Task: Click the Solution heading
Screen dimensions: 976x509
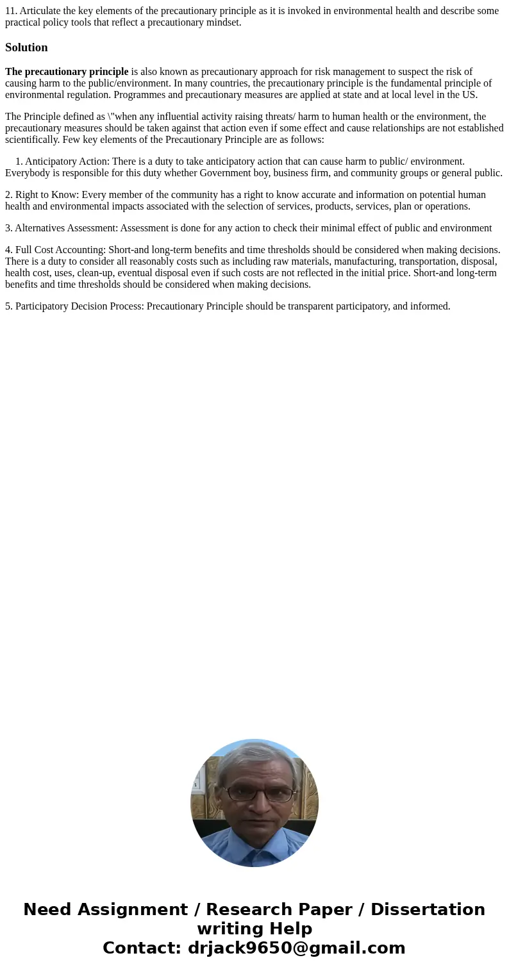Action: click(x=26, y=47)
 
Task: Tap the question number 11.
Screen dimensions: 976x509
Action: click(x=11, y=11)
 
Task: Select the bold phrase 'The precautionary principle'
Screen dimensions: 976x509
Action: click(x=67, y=72)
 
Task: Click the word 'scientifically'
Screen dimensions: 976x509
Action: click(x=32, y=140)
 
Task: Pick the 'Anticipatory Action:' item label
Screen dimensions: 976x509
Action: click(x=67, y=161)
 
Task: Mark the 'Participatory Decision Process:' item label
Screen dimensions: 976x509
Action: click(x=79, y=306)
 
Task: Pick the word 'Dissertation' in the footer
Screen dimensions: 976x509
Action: click(x=428, y=910)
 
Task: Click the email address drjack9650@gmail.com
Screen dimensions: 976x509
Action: click(x=297, y=948)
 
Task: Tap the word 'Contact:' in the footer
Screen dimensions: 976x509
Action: click(x=142, y=948)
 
